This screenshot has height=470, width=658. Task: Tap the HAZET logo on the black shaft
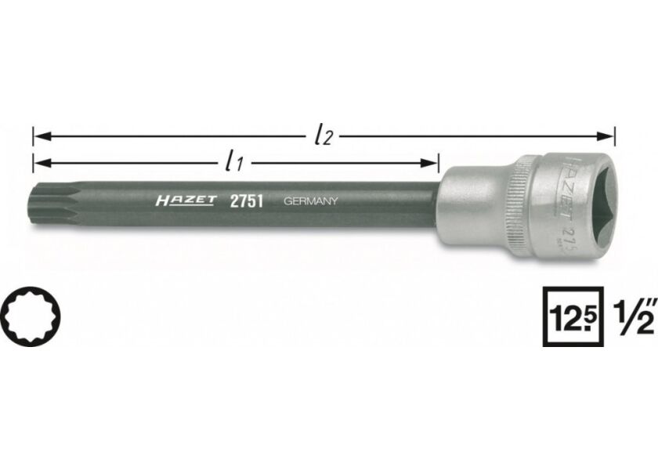click(185, 201)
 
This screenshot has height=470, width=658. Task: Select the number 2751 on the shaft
click(244, 201)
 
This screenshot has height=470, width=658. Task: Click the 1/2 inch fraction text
click(632, 316)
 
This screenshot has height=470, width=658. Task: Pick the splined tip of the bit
click(49, 206)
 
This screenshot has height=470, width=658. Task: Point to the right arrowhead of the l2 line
click(609, 136)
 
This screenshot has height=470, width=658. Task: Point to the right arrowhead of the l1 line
click(432, 164)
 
